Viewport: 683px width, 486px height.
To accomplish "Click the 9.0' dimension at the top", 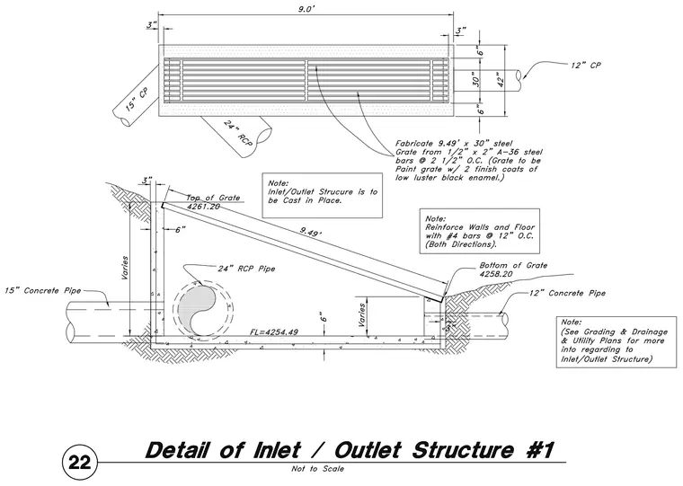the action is (306, 10).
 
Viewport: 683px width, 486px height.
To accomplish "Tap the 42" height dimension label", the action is (501, 80).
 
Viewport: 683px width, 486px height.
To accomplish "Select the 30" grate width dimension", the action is (476, 80).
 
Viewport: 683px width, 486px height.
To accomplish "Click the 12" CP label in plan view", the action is (586, 66).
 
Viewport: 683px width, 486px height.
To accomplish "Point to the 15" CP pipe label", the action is (137, 100).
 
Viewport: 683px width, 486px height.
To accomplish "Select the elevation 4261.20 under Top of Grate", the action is (203, 207).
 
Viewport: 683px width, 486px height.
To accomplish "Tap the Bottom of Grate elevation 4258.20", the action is (496, 274).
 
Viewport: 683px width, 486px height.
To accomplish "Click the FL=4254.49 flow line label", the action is (274, 331).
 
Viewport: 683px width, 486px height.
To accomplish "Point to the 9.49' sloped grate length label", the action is (310, 233).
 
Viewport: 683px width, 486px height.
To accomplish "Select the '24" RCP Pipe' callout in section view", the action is (246, 269).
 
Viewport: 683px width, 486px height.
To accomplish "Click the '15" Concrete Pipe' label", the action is (43, 290).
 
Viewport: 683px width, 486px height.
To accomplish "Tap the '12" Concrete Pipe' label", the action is (568, 293).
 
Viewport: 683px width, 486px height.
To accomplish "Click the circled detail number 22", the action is (80, 462).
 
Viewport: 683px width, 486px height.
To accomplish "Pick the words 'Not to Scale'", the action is (317, 469).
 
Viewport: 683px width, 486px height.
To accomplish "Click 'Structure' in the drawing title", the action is (462, 450).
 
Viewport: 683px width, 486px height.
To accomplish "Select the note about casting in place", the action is (323, 191).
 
